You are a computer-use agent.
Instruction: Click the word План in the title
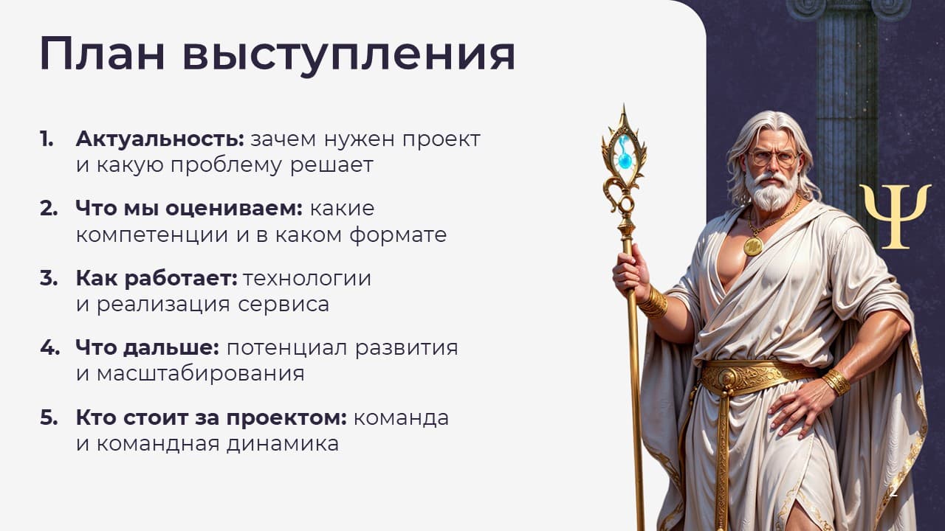[x=102, y=54]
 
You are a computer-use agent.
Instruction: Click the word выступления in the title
[x=349, y=57]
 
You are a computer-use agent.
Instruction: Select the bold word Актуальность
[x=160, y=139]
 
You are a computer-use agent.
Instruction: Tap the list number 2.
[x=49, y=209]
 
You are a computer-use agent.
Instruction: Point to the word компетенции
[x=152, y=235]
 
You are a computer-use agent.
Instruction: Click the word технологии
[x=307, y=279]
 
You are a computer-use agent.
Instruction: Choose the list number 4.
[x=49, y=347]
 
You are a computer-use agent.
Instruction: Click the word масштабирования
[x=200, y=374]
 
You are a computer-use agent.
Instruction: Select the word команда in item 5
[x=401, y=418]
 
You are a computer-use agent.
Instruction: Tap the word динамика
[x=283, y=444]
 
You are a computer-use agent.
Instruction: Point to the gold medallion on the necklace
[x=753, y=246]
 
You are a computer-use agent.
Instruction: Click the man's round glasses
[x=775, y=159]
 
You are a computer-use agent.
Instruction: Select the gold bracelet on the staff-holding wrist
[x=653, y=302]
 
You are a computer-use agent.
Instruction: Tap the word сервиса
[x=283, y=305]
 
